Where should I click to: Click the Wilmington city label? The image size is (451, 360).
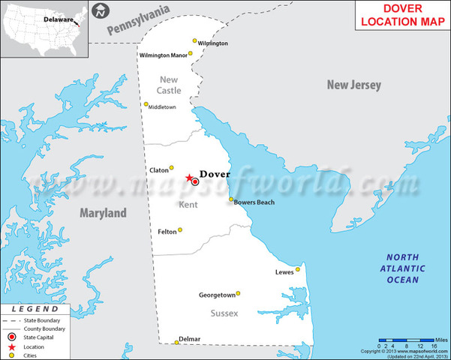pyautogui.click(x=213, y=43)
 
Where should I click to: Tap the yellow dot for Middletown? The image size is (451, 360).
pyautogui.click(x=146, y=104)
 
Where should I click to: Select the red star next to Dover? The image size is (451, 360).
pyautogui.click(x=188, y=178)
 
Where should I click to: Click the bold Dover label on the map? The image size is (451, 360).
pyautogui.click(x=215, y=175)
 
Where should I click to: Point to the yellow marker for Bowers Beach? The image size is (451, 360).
pyautogui.click(x=231, y=199)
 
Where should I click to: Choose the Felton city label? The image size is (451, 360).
pyautogui.click(x=167, y=232)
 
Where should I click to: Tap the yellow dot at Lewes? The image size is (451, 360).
pyautogui.click(x=298, y=269)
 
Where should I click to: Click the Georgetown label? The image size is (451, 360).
pyautogui.click(x=217, y=295)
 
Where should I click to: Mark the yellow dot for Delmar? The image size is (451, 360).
pyautogui.click(x=177, y=343)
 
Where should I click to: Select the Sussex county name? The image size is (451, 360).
pyautogui.click(x=224, y=313)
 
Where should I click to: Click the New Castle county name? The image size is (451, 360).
pyautogui.click(x=169, y=85)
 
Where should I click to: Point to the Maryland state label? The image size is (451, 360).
pyautogui.click(x=104, y=214)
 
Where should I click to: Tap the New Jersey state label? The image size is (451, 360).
pyautogui.click(x=354, y=85)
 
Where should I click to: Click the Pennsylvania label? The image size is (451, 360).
pyautogui.click(x=139, y=20)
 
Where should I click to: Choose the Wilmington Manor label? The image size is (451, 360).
pyautogui.click(x=163, y=55)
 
